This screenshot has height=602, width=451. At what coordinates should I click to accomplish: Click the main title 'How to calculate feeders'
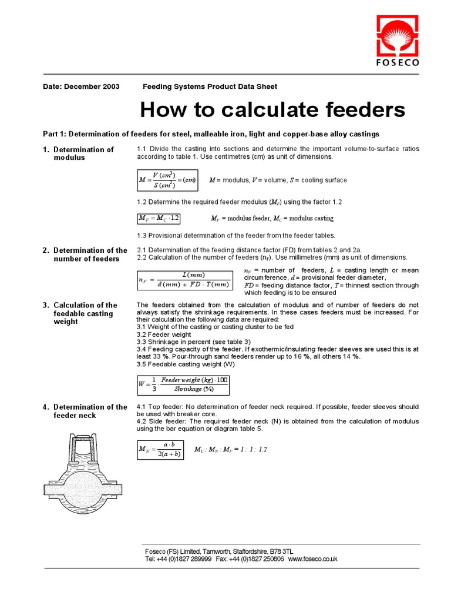272,109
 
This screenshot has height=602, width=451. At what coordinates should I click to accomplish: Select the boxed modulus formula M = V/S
167,180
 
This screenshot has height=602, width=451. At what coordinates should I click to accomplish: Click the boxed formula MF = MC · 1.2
159,218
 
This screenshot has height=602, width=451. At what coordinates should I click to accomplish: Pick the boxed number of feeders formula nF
184,280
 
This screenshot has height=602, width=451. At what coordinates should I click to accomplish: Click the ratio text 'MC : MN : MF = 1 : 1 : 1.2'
230,450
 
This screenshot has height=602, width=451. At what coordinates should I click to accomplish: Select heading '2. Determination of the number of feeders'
85,255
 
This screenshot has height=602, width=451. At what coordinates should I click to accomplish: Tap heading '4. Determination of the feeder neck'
85,411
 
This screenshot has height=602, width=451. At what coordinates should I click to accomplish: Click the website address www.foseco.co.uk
312,559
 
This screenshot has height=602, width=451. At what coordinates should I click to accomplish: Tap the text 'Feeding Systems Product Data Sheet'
210,86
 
